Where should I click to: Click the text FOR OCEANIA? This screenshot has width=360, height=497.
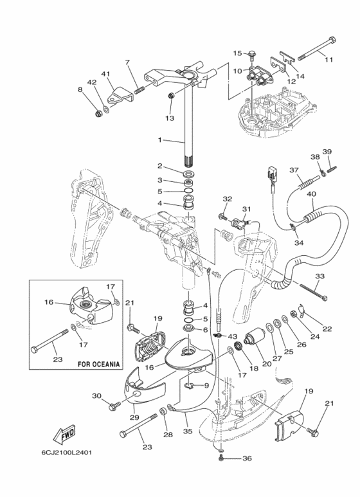coord(99,364)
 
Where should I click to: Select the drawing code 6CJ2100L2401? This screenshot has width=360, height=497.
coord(66,453)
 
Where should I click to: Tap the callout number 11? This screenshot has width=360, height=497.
coord(329,59)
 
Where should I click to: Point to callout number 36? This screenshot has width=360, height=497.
coord(248,458)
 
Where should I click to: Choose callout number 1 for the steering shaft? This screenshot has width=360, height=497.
coord(160,140)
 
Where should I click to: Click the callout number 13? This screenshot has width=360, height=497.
coord(170,118)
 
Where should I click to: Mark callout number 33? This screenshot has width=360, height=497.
coord(320,276)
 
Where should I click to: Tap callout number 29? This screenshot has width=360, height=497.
coord(134,417)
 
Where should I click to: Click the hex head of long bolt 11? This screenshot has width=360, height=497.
coord(332,42)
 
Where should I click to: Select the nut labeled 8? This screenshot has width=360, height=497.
coord(98,113)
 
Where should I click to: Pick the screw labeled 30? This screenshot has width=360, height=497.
coord(114,406)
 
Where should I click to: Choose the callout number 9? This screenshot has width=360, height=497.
coord(206,386)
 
